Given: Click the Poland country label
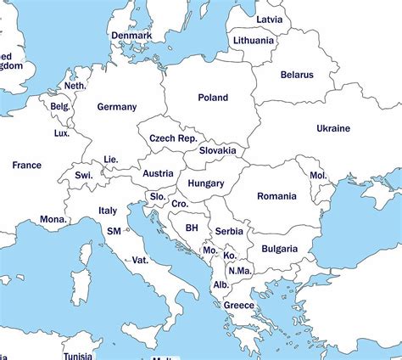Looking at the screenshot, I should click(x=213, y=98).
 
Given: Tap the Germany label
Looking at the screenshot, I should click(x=116, y=107).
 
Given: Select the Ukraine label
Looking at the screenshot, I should click(x=332, y=128).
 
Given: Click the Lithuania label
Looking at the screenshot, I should click(x=253, y=40).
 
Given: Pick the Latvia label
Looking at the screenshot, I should click(x=269, y=19).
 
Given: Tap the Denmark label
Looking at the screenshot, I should click(x=131, y=36).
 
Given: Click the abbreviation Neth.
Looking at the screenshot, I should click(x=75, y=86).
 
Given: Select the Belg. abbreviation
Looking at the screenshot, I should click(x=60, y=106).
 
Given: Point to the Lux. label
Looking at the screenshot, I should click(x=61, y=133).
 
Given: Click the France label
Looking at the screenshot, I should click(x=26, y=165).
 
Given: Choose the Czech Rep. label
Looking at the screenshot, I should click(x=173, y=138).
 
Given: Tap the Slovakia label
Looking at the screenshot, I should click(x=217, y=150).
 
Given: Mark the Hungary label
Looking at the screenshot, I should click(x=205, y=183).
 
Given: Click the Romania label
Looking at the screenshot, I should click(x=276, y=196).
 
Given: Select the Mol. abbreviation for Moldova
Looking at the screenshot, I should click(x=317, y=175).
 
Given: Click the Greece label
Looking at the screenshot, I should click(x=238, y=305).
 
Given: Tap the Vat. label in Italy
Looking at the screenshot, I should click(x=140, y=259).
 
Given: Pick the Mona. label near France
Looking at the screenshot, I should click(x=53, y=219).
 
